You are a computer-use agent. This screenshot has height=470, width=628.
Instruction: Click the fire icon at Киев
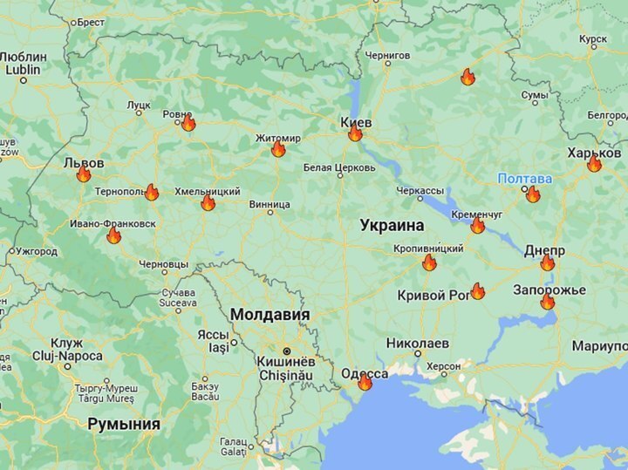tap(355, 133)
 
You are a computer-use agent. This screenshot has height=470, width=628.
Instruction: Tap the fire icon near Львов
tap(84, 174)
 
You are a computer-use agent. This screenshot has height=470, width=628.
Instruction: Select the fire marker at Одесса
tap(365, 382)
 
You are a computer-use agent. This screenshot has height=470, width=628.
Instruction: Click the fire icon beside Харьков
tap(594, 164)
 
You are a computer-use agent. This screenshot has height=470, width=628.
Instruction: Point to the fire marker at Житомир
tap(278, 149)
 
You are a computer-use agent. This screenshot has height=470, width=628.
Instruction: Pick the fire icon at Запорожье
tap(547, 302)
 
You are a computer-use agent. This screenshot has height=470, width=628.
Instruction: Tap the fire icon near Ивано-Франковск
tap(113, 235)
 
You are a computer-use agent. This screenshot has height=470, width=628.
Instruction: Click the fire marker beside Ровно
tap(188, 123)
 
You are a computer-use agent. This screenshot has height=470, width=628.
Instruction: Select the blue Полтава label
tap(524, 179)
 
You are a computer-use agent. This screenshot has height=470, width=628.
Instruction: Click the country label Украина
tap(392, 225)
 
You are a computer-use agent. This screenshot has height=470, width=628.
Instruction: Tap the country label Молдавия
tap(270, 315)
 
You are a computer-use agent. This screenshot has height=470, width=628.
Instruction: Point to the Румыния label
tap(123, 425)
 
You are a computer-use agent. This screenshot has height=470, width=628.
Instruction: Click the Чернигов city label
tap(387, 55)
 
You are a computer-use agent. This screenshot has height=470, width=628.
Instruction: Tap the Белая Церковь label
tap(339, 167)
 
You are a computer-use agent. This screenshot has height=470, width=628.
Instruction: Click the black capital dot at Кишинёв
tap(286, 351)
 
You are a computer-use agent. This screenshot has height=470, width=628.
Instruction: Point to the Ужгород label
tap(36, 252)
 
